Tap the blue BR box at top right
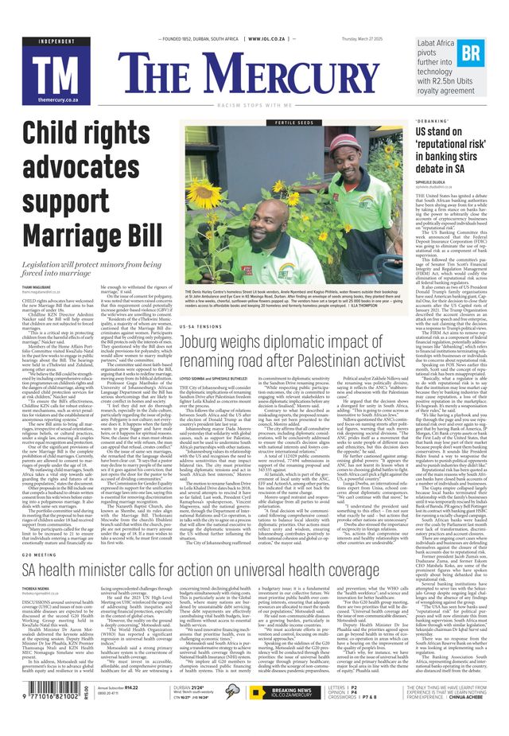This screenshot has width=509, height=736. point(471,53)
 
